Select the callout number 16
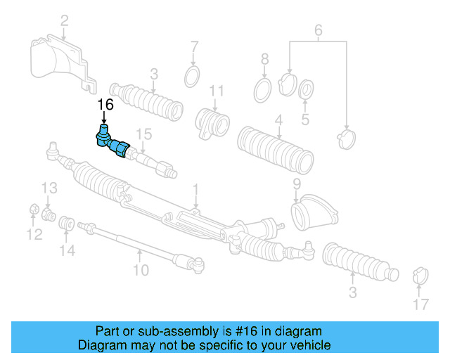105,105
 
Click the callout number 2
64,21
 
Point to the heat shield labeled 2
60,63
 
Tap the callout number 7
195,47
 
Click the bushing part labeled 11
213,121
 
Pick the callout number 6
318,30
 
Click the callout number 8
264,58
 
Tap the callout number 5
304,120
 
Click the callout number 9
296,184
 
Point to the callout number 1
195,188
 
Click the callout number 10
141,270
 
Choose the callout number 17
420,304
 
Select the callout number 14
67,250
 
